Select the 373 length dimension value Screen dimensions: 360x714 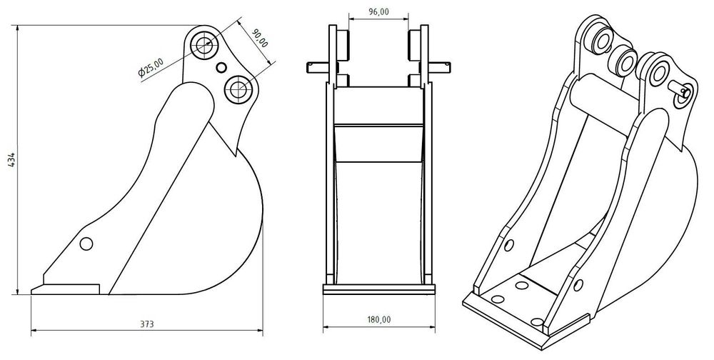[x=146, y=323]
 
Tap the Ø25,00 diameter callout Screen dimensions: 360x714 [x=151, y=66]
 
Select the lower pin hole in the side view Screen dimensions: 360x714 [x=238, y=90]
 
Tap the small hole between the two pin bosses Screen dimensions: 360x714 [x=221, y=68]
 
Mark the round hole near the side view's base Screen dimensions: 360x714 [x=86, y=243]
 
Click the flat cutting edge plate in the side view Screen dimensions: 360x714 [x=66, y=289]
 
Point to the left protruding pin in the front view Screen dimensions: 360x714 [x=317, y=67]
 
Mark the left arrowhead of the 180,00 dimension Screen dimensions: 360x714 [x=326, y=328]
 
